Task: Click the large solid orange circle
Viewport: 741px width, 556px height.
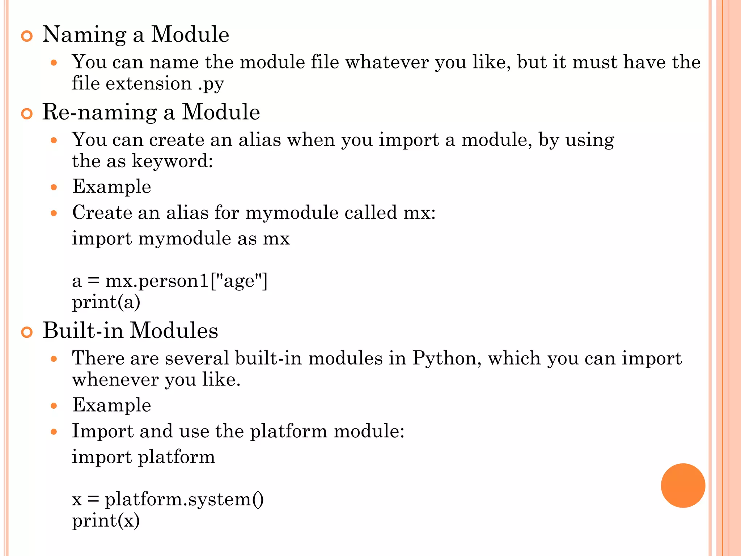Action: point(683,485)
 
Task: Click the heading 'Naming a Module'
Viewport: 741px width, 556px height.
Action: point(136,35)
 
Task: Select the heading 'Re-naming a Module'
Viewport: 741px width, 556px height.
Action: point(151,112)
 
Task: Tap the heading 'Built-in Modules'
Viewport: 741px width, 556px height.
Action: point(130,330)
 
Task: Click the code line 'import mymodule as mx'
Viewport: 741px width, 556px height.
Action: point(181,239)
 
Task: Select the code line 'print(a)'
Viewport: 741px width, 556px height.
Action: point(106,302)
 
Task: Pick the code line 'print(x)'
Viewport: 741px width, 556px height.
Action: point(106,521)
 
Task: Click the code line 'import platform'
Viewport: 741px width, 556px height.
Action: point(143,457)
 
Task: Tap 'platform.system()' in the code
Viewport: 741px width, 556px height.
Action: point(184,500)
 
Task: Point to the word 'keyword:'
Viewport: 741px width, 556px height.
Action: point(172,161)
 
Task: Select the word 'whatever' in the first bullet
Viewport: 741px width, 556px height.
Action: point(387,62)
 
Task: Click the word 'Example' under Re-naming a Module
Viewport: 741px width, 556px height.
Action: point(111,187)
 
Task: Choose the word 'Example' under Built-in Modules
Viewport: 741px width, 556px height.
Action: point(111,405)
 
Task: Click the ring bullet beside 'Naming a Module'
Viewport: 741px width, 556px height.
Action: point(27,36)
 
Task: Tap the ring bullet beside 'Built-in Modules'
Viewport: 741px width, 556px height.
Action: point(27,332)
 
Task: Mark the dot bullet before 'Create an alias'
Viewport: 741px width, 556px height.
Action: point(54,213)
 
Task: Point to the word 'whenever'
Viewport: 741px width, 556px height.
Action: point(115,380)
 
